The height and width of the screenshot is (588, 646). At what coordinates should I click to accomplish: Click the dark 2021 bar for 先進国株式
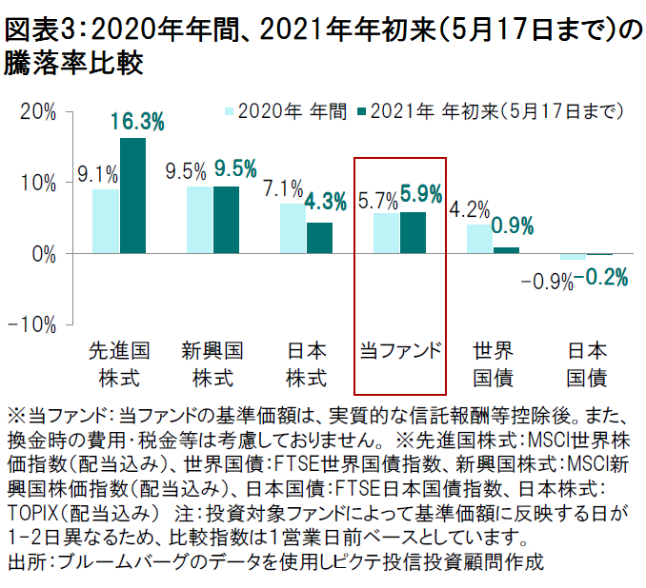132,196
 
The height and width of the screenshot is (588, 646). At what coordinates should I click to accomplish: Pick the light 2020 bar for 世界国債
479,240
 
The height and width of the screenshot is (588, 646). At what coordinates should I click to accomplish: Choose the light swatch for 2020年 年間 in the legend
230,111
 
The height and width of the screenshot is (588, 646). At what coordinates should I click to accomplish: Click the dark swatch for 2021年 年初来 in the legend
360,111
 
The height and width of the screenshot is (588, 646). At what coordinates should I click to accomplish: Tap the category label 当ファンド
400,349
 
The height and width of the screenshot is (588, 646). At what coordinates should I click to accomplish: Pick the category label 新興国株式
212,363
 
